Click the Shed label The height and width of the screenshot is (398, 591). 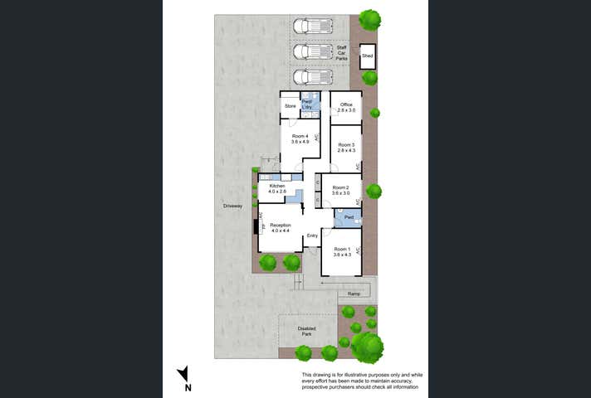coord(367,56)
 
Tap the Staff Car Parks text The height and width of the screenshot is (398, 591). coord(341,53)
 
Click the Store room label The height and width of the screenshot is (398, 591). coord(291,106)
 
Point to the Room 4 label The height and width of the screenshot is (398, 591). coord(300,138)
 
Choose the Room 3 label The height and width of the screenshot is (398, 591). coord(346,148)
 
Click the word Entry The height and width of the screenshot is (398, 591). coord(312,236)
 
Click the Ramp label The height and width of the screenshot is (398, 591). coord(354,294)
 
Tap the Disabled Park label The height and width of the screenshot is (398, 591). coord(307,330)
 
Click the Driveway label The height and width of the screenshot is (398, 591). coord(232,205)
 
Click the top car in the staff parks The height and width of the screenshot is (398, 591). coord(314,27)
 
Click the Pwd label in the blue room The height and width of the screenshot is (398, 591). coord(349,217)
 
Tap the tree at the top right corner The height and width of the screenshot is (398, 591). coord(369,19)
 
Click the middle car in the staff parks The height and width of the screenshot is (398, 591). coord(314,51)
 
